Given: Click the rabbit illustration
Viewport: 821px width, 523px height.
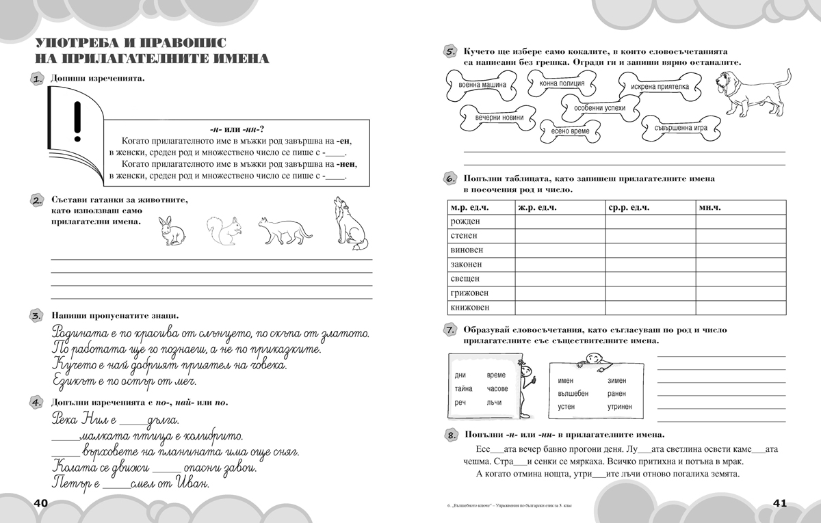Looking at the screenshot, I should [171, 230].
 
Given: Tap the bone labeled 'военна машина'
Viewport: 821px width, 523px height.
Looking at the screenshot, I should [483, 85].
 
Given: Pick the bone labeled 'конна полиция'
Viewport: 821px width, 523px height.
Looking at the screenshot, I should [562, 83].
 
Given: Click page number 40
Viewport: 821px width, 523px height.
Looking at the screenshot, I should [39, 503].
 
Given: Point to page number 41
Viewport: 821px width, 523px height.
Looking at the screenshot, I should [781, 503].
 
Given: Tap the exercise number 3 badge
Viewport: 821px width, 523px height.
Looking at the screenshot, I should [37, 316].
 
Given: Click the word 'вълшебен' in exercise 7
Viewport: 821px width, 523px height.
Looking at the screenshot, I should [573, 393].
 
